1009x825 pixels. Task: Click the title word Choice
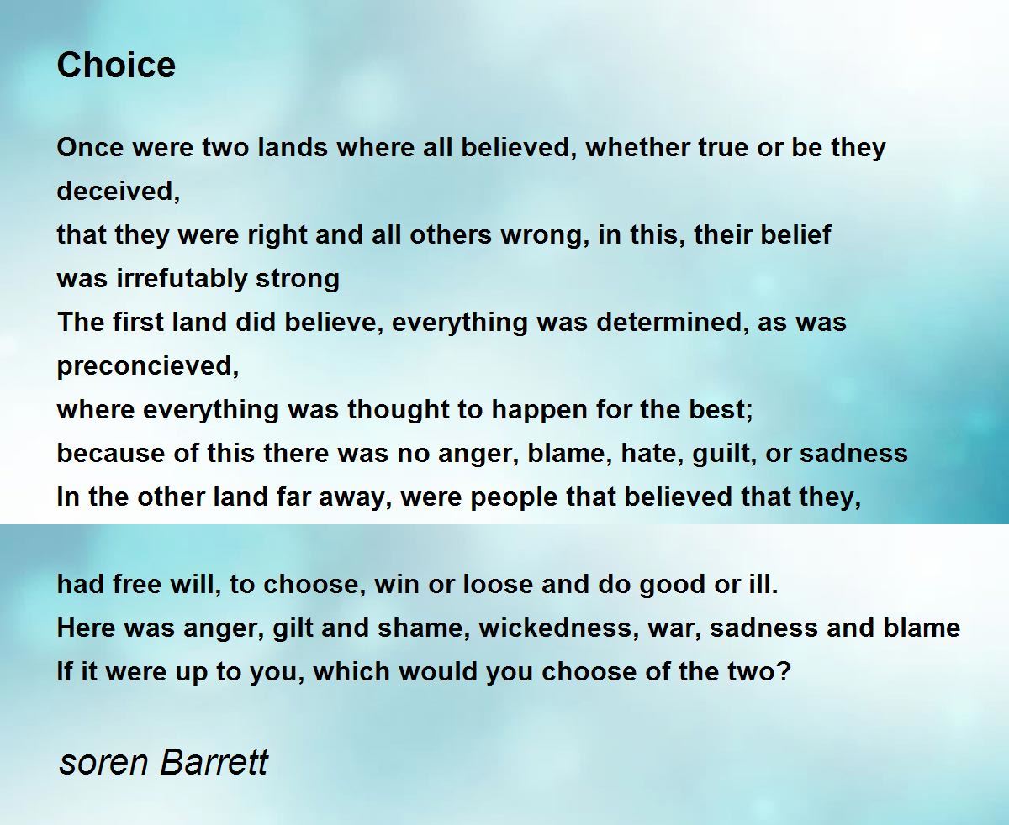coord(116,65)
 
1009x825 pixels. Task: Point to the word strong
coord(298,279)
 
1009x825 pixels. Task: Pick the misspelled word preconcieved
coord(147,366)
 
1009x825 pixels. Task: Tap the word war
coord(674,628)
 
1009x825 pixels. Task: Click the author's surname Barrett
coord(214,762)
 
